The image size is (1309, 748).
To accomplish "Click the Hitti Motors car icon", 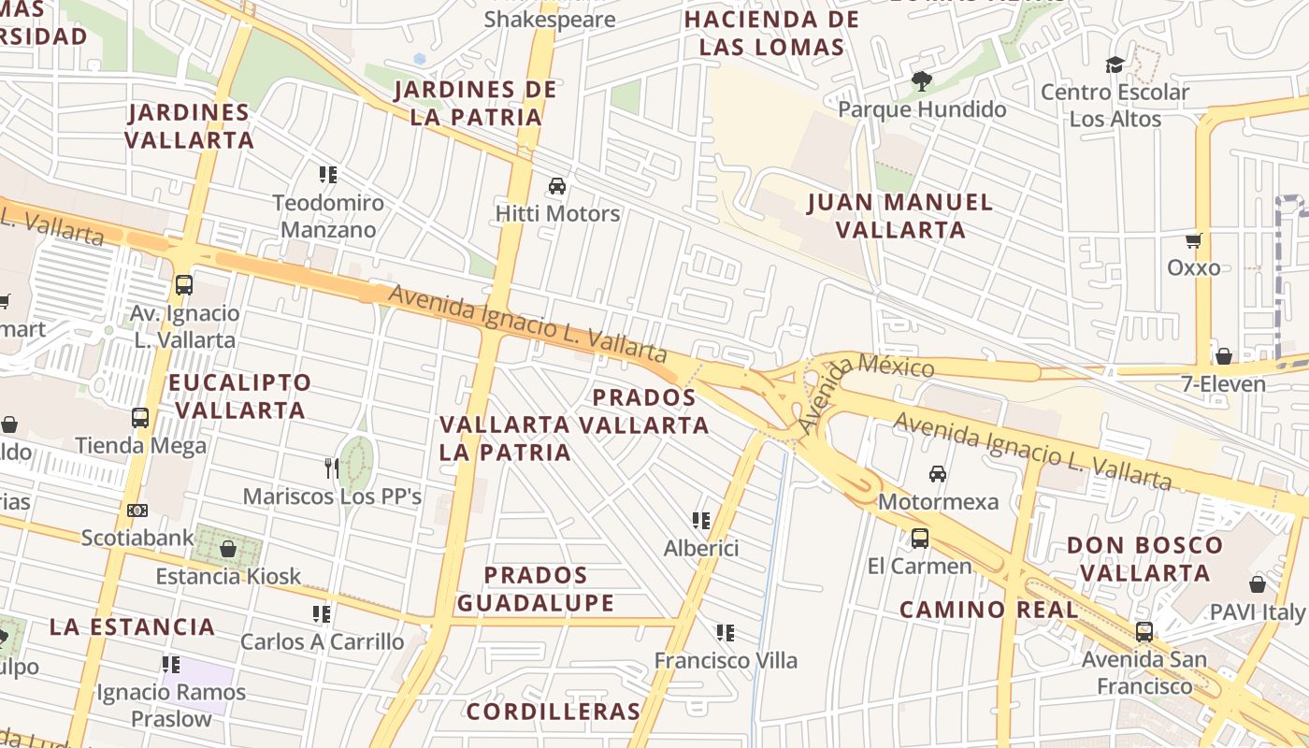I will click(557, 186).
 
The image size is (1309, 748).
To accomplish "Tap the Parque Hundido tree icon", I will click(922, 81).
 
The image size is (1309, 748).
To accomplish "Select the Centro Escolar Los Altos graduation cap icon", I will click(1115, 65).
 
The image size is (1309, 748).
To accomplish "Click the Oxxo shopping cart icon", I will click(1193, 241).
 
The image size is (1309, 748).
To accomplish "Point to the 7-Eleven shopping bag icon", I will click(1223, 356).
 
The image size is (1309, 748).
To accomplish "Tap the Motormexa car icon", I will click(938, 474).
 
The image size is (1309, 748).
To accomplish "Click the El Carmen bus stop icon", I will click(920, 539).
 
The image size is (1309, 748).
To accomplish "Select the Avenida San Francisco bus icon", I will click(1144, 632).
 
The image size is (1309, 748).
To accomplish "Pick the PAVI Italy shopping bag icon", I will click(1258, 584).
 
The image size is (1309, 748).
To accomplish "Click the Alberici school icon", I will click(701, 521).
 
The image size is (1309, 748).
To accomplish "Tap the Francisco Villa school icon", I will click(726, 633).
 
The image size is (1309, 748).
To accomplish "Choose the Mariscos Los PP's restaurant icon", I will click(331, 467).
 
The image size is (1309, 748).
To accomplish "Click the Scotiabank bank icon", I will click(137, 511).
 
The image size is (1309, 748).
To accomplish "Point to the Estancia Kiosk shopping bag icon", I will click(228, 549).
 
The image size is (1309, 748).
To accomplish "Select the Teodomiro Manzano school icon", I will click(328, 175).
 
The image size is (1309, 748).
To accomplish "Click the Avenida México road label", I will click(866, 388).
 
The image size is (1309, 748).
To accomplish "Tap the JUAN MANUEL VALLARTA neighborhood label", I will click(899, 216).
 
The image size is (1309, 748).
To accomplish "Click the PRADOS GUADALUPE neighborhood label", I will click(536, 589).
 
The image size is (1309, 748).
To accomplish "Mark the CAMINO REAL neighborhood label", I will click(988, 611).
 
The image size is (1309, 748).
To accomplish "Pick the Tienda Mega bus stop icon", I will click(140, 418).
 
